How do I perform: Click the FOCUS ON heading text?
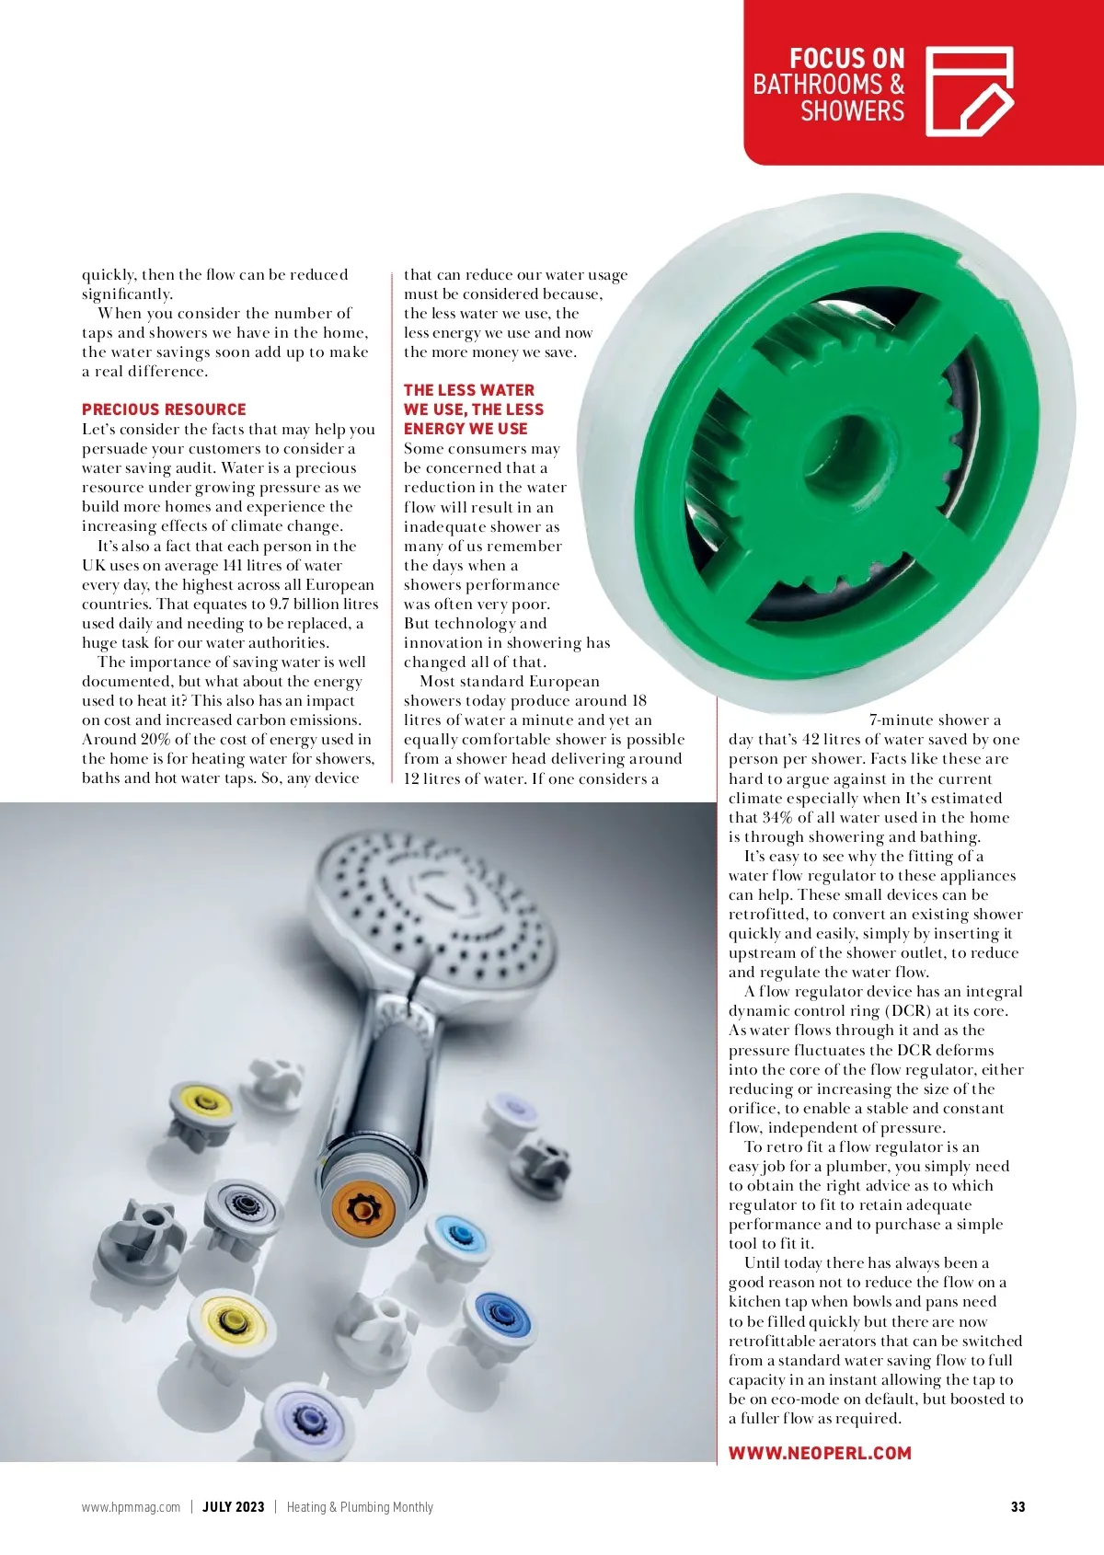click(x=846, y=59)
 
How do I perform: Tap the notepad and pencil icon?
click(x=969, y=91)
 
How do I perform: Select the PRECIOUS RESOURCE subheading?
click(x=164, y=409)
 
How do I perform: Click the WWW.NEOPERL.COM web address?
click(x=820, y=1453)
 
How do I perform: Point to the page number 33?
click(x=1018, y=1507)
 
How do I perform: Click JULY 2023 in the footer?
click(x=233, y=1507)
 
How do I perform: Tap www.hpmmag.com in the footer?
click(x=131, y=1507)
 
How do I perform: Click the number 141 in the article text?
click(x=232, y=566)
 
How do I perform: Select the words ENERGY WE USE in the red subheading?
click(x=466, y=429)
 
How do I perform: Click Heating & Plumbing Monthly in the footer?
click(x=360, y=1507)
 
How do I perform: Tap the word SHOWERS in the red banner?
click(x=852, y=111)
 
